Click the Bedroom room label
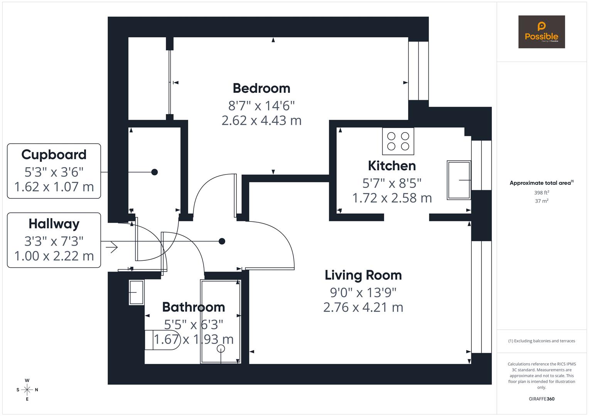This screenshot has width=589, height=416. [x=261, y=88]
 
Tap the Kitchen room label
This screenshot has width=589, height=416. [x=392, y=166]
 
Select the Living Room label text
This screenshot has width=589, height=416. [x=363, y=275]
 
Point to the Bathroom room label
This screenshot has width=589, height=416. [x=193, y=307]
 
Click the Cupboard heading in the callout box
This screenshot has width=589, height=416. [x=54, y=154]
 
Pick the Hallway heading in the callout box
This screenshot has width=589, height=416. [x=54, y=224]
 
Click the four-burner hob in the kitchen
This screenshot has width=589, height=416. [x=398, y=141]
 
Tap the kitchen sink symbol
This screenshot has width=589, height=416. [x=459, y=180]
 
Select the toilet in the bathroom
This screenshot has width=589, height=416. [x=162, y=340]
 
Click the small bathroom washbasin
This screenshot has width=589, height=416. [x=136, y=292]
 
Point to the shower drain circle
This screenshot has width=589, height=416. [x=221, y=349]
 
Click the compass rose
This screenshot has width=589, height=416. [x=27, y=390]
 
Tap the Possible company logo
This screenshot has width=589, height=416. [x=541, y=32]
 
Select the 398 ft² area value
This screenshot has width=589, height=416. [x=541, y=193]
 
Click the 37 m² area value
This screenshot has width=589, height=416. [x=541, y=201]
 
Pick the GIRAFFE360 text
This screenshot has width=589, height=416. [x=541, y=399]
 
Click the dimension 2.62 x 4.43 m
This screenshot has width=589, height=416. [x=261, y=121]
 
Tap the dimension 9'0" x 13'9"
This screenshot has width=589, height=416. [x=363, y=293]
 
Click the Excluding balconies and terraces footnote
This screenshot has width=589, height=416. [x=541, y=341]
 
